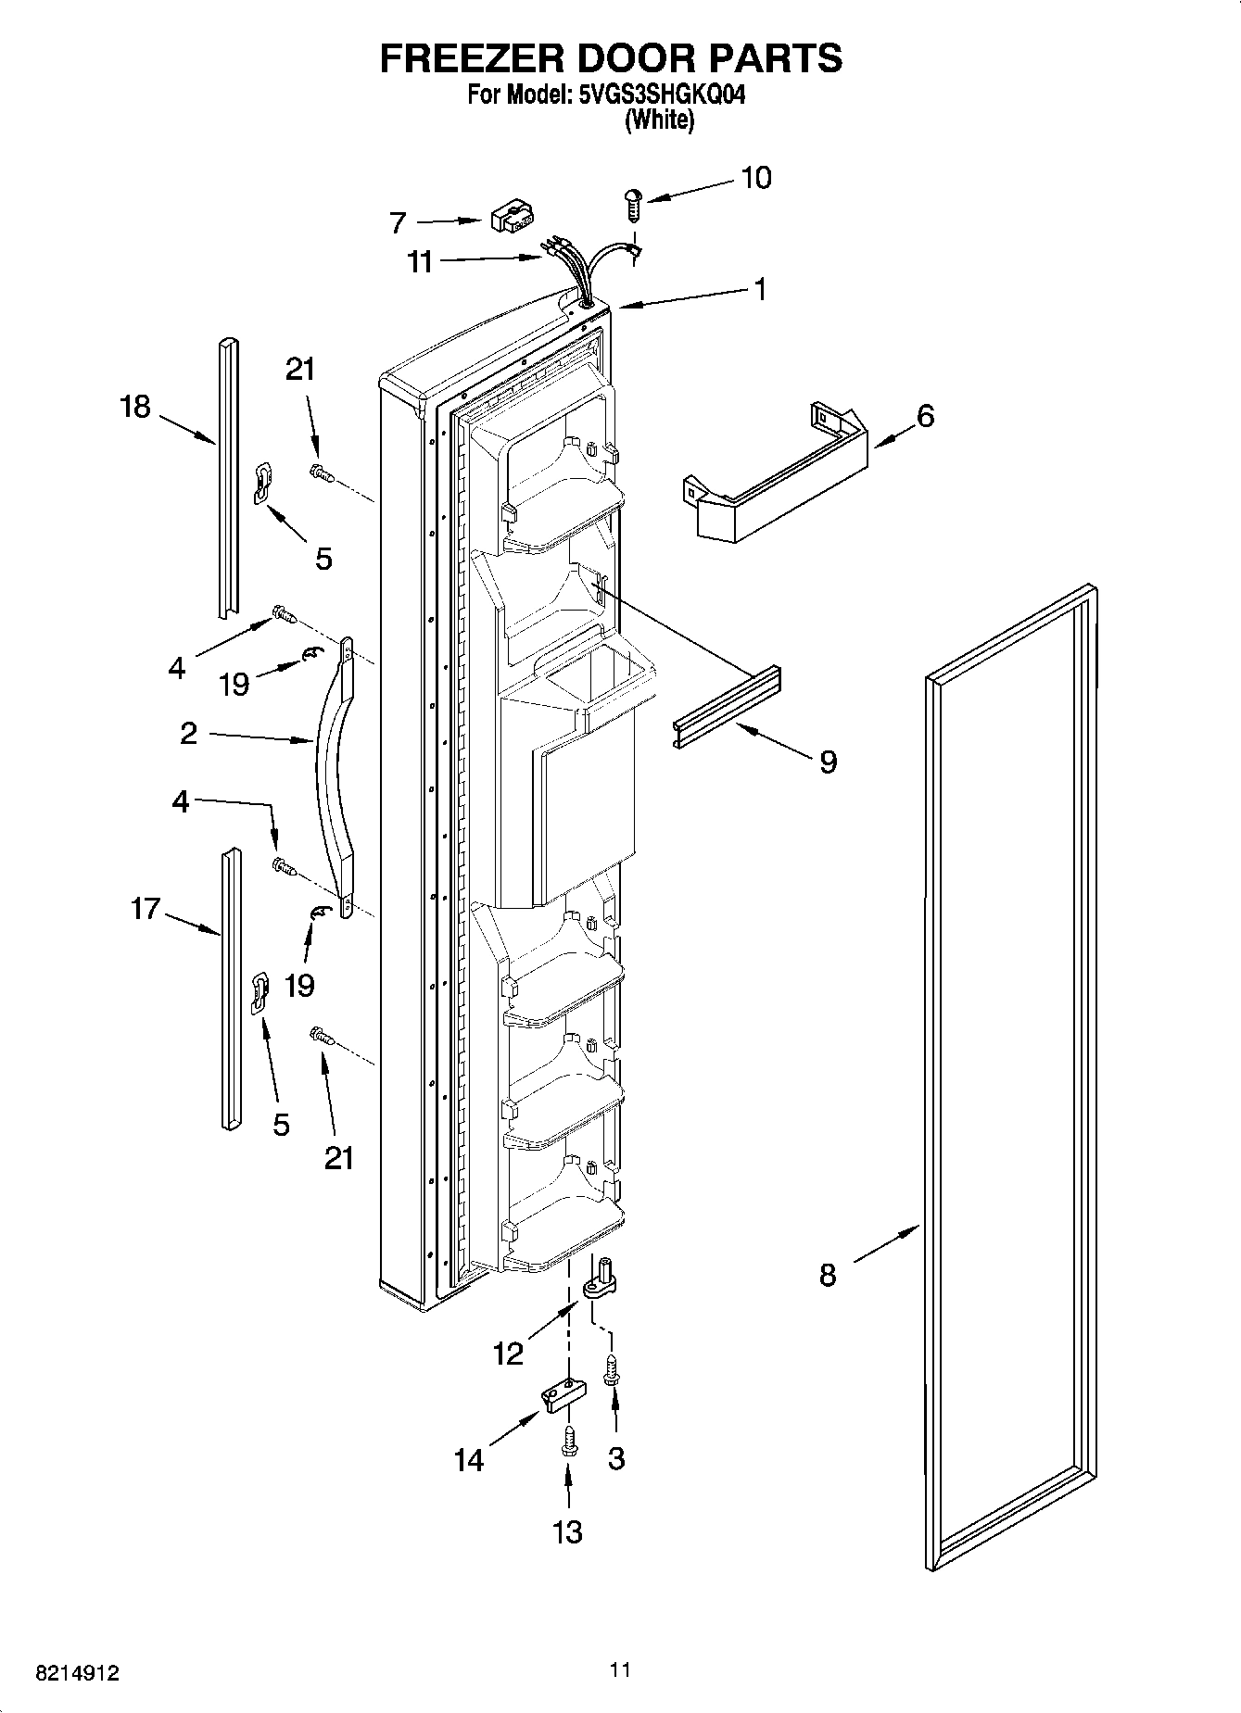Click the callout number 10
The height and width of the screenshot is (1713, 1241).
coord(756,178)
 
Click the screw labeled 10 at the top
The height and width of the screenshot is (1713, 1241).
coord(634,203)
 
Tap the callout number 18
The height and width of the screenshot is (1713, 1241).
coord(135,406)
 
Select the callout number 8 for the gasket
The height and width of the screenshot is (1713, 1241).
coord(828,1275)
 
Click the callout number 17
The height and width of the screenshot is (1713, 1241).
coord(146,909)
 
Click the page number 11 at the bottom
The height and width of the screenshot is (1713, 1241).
coord(620,1670)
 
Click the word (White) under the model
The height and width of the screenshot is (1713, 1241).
coord(659,120)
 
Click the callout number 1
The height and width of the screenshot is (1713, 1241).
coord(760,289)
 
